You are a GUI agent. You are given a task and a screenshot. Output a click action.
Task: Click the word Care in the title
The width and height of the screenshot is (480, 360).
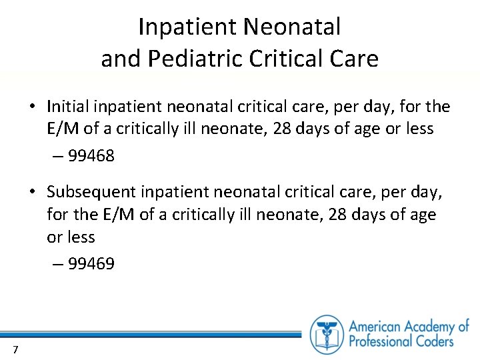click(x=355, y=59)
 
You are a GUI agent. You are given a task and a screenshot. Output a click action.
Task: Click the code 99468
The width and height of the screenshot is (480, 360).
click(x=91, y=156)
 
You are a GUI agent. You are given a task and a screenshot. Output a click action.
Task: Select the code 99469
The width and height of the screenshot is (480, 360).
click(x=91, y=264)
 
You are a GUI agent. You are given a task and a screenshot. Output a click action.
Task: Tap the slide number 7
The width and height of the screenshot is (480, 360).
click(x=15, y=350)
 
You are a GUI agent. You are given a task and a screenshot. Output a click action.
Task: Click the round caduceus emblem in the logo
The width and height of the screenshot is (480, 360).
click(x=327, y=333)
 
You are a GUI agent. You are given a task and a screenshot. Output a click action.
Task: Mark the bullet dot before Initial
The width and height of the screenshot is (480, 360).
click(x=32, y=107)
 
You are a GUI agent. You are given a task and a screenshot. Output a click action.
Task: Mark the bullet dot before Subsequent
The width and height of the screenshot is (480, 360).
click(x=32, y=192)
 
